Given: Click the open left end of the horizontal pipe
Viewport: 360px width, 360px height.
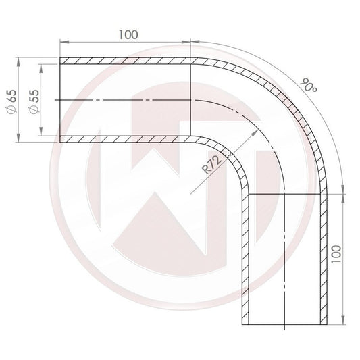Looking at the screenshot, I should pyautogui.click(x=61, y=99).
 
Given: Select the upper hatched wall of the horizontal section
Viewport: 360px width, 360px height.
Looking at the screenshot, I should pyautogui.click(x=128, y=61).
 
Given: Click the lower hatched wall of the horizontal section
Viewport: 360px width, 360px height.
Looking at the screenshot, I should pyautogui.click(x=128, y=139).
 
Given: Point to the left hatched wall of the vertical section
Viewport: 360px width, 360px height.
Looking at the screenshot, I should pyautogui.click(x=246, y=257).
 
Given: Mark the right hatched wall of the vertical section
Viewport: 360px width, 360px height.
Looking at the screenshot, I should pyautogui.click(x=324, y=257).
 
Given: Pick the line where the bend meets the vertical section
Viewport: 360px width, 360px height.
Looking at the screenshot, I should pyautogui.click(x=285, y=193).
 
